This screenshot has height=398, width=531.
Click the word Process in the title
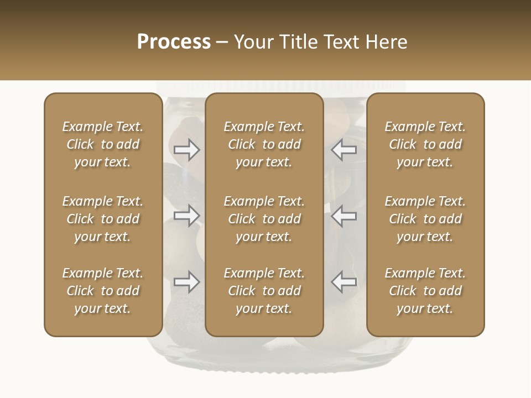pos(174,42)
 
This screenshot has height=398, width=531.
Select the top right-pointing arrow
pos(187,150)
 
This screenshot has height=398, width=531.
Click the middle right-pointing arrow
pos(187,216)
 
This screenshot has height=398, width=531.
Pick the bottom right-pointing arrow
pos(187,282)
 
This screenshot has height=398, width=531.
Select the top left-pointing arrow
pos(343,150)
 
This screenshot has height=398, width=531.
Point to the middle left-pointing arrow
pos(343,216)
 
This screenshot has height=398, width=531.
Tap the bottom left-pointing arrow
pos(343,282)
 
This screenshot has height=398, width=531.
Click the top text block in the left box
pos(103,144)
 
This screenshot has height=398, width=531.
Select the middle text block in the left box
pos(103,219)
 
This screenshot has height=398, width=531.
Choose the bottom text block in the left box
pos(103,291)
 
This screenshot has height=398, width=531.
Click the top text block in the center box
pos(264,144)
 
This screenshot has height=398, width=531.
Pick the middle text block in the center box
pos(264,219)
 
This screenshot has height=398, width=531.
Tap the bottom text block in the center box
pos(264,291)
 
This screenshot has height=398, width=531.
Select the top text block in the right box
pos(425,144)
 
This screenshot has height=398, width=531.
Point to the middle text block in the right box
pos(425,219)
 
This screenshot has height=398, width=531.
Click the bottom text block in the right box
pos(425,291)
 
